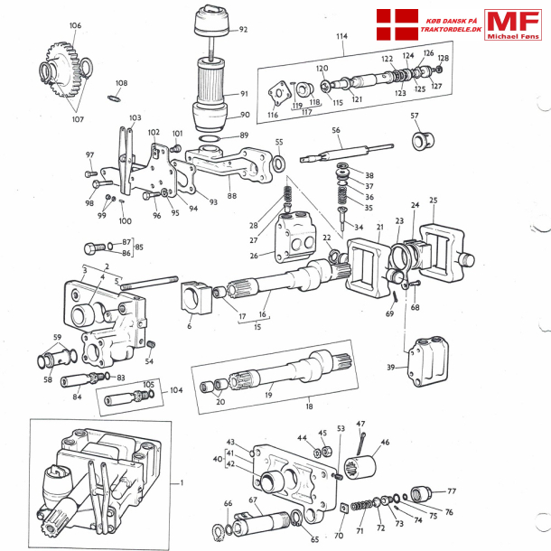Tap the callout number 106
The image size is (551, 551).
74,26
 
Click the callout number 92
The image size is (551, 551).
243,30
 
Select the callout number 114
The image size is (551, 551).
341,37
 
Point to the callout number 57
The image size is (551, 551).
415,117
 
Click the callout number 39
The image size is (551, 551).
391,368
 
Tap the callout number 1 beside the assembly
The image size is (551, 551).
182,483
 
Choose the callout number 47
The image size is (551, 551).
360,424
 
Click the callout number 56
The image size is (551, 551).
335,130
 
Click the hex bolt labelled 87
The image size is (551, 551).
96,247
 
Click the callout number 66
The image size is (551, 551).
228,504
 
